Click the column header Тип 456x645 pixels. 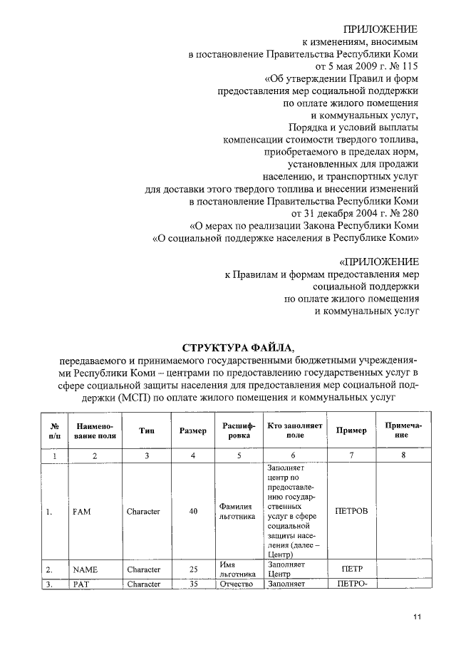[x=147, y=430]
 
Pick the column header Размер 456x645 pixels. [x=193, y=430]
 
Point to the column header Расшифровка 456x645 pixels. [x=238, y=430]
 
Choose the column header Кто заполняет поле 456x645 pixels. [x=294, y=430]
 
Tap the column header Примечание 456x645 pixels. [x=403, y=430]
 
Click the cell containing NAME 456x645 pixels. [x=85, y=569]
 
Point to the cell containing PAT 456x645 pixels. [x=81, y=584]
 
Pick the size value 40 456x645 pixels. [x=193, y=511]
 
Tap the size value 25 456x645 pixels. [x=193, y=569]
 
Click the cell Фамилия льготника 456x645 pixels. [x=238, y=511]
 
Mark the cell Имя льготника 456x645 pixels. [x=238, y=569]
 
